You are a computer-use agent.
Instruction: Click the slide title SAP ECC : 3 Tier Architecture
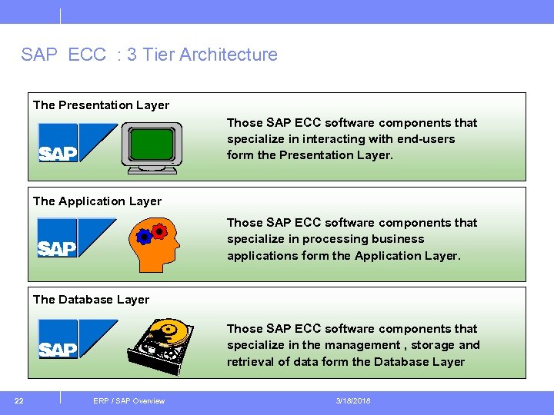pos(149,55)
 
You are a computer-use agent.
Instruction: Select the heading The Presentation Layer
pos(101,105)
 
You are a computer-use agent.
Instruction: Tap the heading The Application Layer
pos(97,201)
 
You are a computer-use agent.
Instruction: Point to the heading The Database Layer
pos(91,300)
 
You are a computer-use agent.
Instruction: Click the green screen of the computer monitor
pos(152,144)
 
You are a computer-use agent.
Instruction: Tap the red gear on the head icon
pos(159,231)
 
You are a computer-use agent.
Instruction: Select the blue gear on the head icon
pos(144,237)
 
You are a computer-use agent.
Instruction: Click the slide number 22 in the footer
pos(19,400)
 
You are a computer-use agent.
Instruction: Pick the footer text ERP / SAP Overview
pos(128,400)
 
